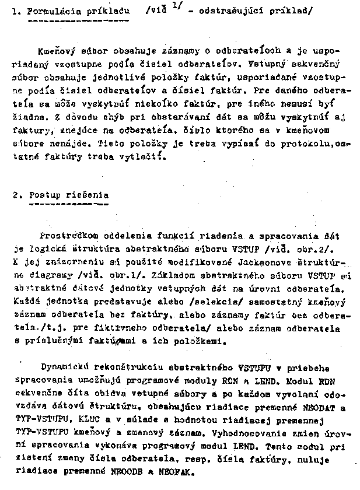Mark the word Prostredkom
tap(66, 236)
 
